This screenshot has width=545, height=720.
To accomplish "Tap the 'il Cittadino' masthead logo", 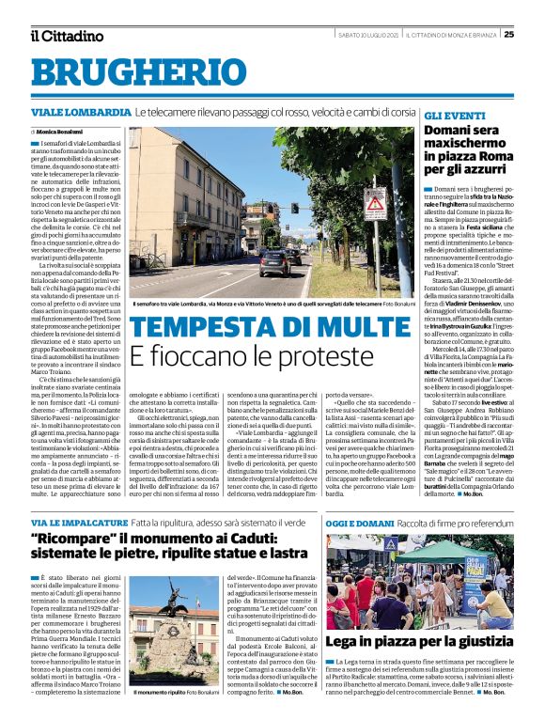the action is [66, 36].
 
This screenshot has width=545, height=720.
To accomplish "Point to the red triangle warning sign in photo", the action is [375, 199].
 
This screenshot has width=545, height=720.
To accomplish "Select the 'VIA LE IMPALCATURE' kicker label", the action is [77, 522].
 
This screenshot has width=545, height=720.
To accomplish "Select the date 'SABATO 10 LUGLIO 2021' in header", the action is [367, 35].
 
